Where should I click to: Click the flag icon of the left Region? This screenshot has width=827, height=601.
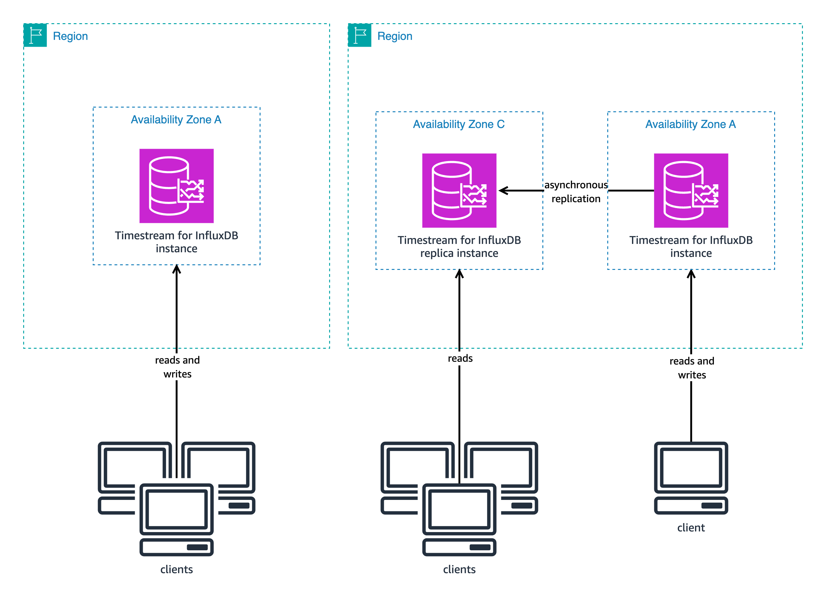(35, 35)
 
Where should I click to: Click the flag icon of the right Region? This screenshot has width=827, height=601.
(359, 35)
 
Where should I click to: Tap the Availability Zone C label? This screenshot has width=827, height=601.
(459, 124)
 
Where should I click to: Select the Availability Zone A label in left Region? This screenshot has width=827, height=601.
(176, 120)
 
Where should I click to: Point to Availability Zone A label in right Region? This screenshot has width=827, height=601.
(690, 124)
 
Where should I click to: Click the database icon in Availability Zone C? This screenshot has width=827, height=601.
(459, 190)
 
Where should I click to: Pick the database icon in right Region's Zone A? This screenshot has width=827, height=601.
(691, 190)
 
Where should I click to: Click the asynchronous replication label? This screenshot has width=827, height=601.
(576, 192)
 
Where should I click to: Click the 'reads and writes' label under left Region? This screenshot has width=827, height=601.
(177, 367)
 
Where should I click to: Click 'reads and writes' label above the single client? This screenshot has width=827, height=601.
(692, 368)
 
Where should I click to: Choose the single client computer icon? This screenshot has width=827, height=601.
(691, 478)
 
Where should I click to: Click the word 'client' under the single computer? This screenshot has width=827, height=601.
(691, 527)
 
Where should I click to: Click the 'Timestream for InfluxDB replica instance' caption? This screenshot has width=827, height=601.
(459, 246)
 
